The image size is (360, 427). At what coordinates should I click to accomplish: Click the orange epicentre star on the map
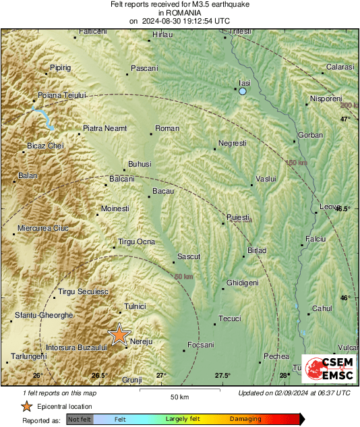120,334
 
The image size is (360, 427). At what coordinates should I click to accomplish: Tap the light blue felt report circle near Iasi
243,91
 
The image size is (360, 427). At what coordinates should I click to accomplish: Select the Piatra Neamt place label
104,128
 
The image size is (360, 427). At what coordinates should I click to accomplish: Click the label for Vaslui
268,179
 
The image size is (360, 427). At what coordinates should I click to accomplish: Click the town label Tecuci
231,318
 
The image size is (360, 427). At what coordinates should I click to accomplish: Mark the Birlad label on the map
257,250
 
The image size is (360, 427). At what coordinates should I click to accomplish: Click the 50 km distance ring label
183,277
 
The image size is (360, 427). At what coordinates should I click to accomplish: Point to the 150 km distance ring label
296,163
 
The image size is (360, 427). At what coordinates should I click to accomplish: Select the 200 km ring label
349,105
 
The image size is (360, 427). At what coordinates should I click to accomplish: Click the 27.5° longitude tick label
223,375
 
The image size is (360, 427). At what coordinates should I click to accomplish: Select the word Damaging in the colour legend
246,419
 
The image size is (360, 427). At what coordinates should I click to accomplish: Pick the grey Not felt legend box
80,420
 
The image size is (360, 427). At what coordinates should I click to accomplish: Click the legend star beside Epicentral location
26,406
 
